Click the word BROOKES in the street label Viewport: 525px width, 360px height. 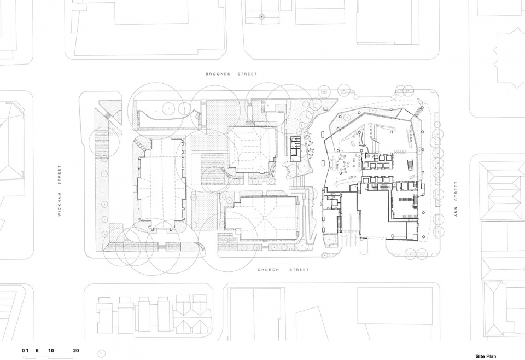coord(218,74)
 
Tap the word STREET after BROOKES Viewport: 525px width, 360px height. coord(247,74)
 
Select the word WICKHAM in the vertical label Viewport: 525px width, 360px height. coord(60,204)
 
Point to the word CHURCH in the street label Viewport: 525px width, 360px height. coord(268,270)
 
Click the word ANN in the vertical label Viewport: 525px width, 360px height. coord(456,213)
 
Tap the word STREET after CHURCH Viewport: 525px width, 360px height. coord(299,270)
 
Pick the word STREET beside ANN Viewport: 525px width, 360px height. coord(456,191)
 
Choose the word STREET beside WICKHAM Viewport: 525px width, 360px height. coord(60,175)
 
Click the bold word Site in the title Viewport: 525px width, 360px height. coord(480,356)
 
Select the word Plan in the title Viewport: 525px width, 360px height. coord(492,356)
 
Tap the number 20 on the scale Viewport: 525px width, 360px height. coord(76,351)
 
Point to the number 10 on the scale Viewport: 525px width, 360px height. coord(51,351)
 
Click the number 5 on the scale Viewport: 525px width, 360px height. coord(37,351)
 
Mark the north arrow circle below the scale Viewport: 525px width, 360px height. coord(101,353)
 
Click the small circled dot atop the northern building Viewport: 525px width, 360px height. coord(262,16)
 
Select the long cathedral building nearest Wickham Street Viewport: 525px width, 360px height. coord(161,184)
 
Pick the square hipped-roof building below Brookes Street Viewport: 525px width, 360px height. coord(253,149)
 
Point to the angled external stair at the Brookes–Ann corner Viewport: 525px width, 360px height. coord(418,109)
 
